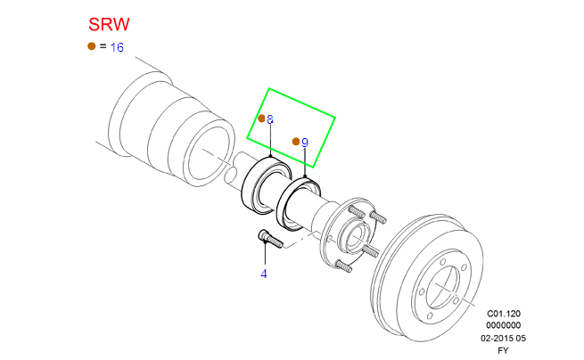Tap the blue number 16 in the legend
click(117, 47)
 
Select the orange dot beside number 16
click(91, 46)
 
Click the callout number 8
click(270, 119)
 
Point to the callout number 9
click(304, 143)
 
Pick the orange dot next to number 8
click(261, 119)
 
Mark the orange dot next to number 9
click(295, 142)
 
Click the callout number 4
click(264, 274)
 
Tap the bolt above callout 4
click(269, 239)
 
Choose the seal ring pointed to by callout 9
click(299, 203)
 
